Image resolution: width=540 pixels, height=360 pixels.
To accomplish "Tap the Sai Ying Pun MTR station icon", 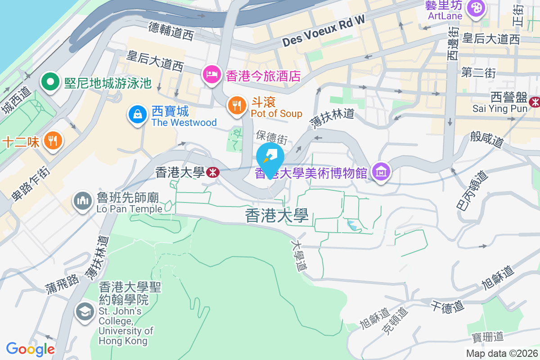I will click(x=535, y=102).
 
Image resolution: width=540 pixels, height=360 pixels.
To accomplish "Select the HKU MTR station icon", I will click(x=213, y=172).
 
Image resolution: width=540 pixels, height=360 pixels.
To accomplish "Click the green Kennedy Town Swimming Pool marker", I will click(x=50, y=82).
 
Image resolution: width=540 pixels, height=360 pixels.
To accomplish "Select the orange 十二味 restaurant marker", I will click(x=53, y=141).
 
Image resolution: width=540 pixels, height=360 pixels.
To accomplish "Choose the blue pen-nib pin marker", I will click(x=270, y=157).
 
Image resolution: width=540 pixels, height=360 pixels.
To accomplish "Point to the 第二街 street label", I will click(x=478, y=72).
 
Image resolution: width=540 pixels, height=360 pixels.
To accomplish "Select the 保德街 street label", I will click(x=271, y=135).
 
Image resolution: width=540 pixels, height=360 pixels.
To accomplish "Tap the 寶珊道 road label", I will click(x=488, y=337).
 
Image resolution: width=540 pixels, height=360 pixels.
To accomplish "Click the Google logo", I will click(x=30, y=349).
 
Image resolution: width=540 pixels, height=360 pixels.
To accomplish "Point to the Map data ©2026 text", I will click(x=501, y=353).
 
